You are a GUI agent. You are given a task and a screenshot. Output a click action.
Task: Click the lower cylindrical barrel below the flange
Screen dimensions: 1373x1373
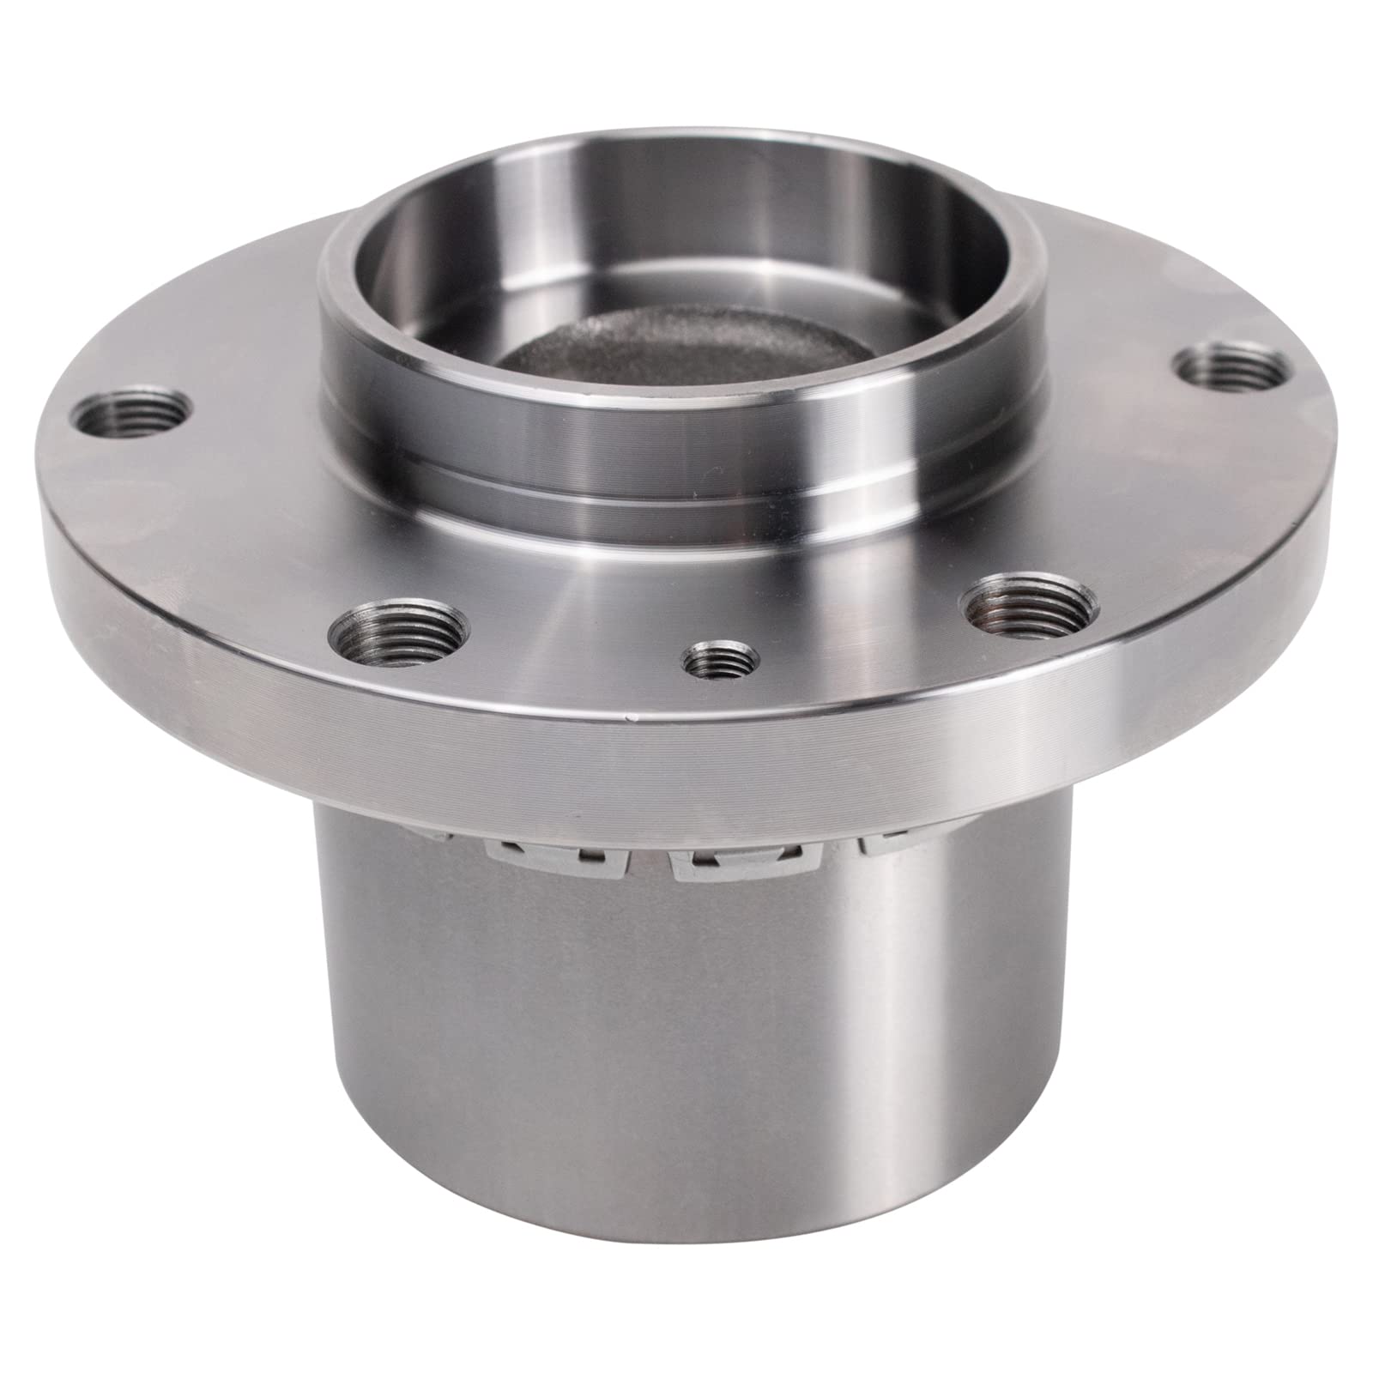[x=686, y=1073]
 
